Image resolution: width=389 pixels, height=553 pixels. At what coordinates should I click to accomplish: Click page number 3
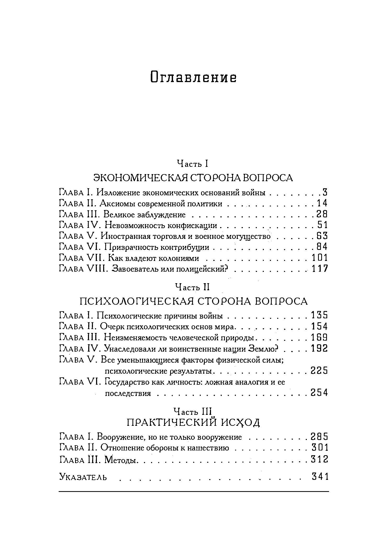(325, 193)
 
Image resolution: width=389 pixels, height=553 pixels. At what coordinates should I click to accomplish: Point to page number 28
(322, 214)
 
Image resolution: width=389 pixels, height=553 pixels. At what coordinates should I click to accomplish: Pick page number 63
(322, 236)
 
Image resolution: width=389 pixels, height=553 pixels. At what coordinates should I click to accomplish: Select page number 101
(320, 258)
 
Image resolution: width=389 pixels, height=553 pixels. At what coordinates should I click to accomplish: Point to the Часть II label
(192, 287)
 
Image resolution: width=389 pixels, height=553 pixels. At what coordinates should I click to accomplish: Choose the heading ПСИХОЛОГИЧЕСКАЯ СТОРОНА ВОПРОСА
(193, 302)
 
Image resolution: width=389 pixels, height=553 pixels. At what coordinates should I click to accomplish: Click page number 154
(319, 326)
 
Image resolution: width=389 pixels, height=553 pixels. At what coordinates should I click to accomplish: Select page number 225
(319, 371)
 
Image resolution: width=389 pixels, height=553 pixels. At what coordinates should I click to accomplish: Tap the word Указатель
(83, 476)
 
